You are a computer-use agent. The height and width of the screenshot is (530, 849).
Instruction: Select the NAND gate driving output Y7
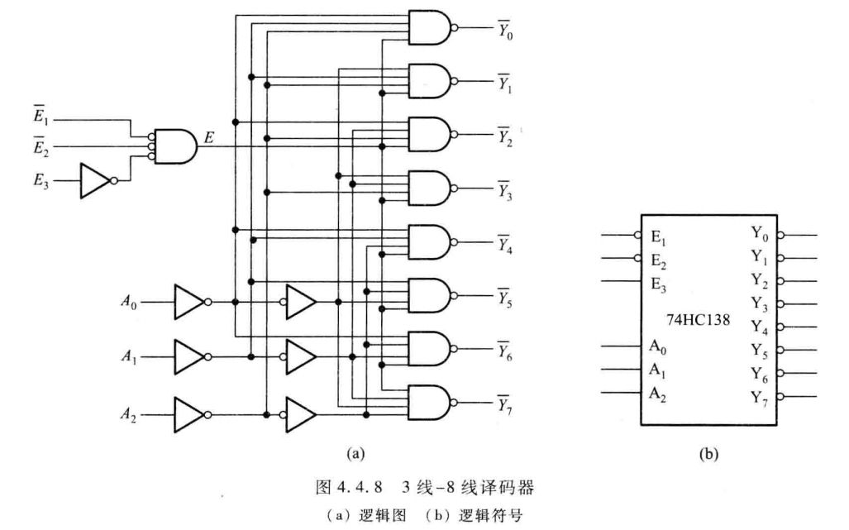pyautogui.click(x=431, y=403)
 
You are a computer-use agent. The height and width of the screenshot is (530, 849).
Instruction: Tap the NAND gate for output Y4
pyautogui.click(x=431, y=242)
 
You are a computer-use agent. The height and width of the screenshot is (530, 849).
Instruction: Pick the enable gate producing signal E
pyautogui.click(x=174, y=146)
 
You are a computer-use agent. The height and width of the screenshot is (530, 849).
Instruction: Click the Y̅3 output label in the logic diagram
pyautogui.click(x=503, y=189)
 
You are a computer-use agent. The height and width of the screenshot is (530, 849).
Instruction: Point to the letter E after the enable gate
pyautogui.click(x=209, y=136)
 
